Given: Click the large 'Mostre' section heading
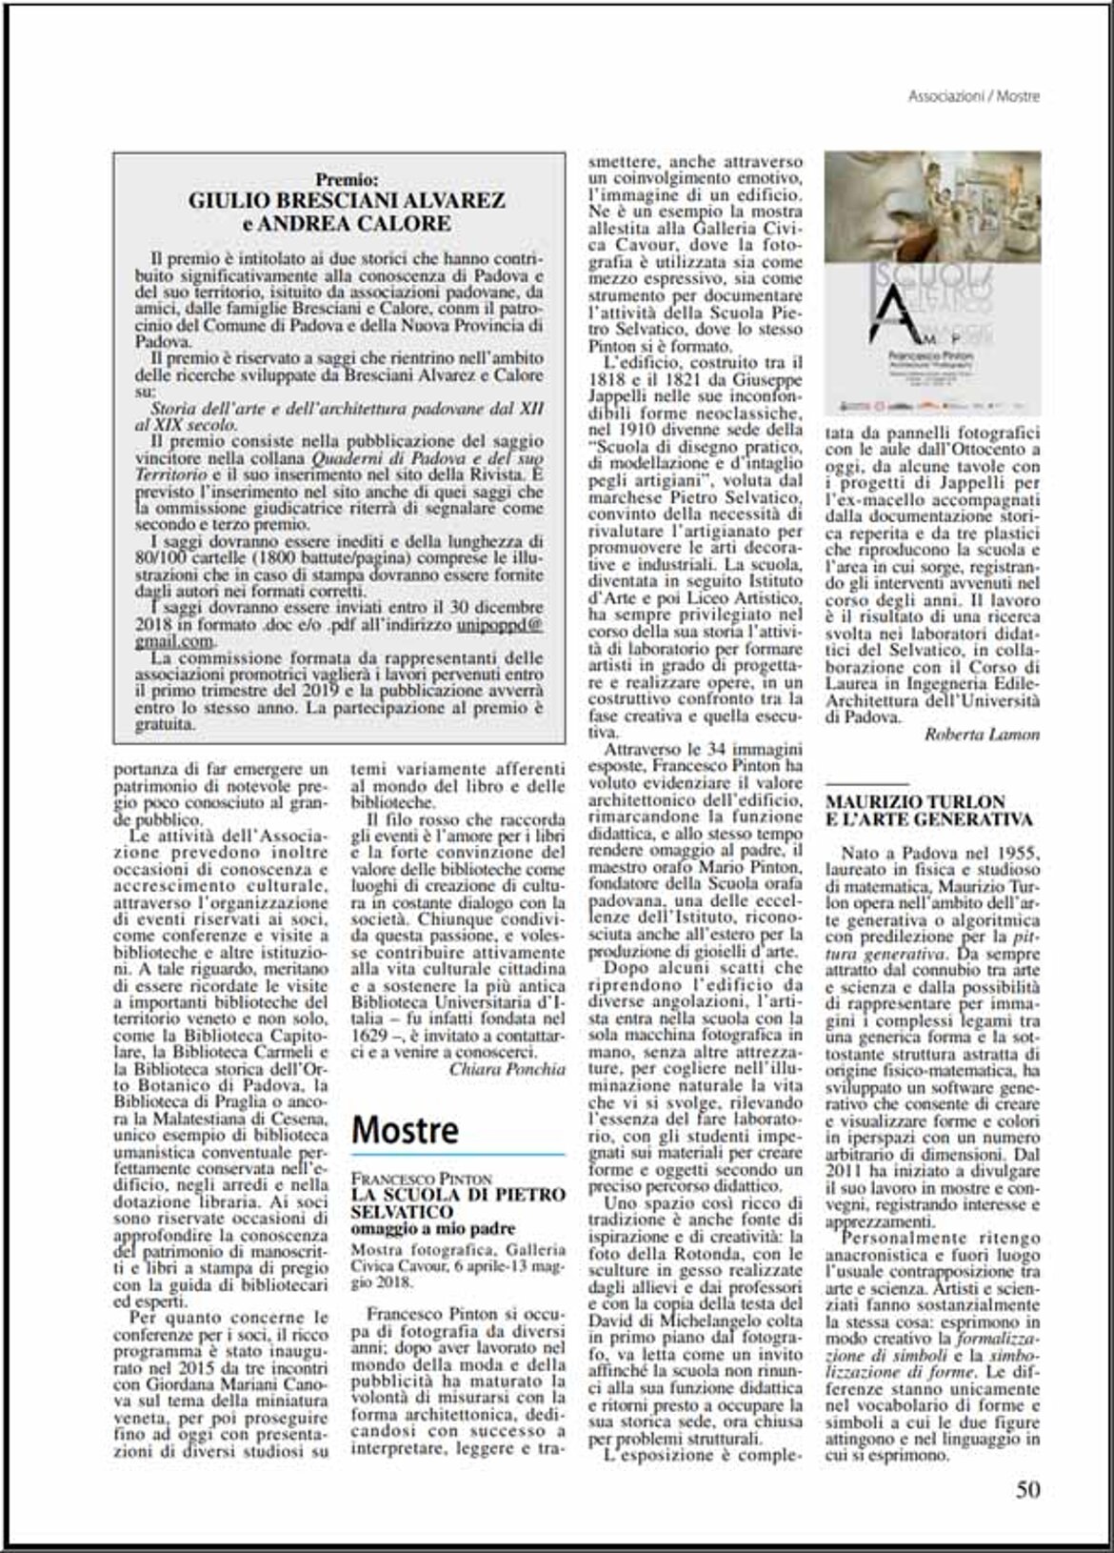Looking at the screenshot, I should (405, 1130).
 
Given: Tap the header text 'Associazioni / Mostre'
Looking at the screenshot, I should (973, 96).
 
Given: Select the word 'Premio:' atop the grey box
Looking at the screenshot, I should (347, 179).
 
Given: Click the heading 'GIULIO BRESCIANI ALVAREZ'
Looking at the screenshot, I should (347, 201).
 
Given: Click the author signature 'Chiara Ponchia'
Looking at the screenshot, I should (507, 1069).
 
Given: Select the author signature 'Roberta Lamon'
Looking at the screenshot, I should (982, 734).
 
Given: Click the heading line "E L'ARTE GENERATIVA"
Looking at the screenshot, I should (928, 819).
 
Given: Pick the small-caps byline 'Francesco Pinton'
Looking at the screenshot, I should (422, 1180).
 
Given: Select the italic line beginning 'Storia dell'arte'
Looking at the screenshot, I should (347, 408).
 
